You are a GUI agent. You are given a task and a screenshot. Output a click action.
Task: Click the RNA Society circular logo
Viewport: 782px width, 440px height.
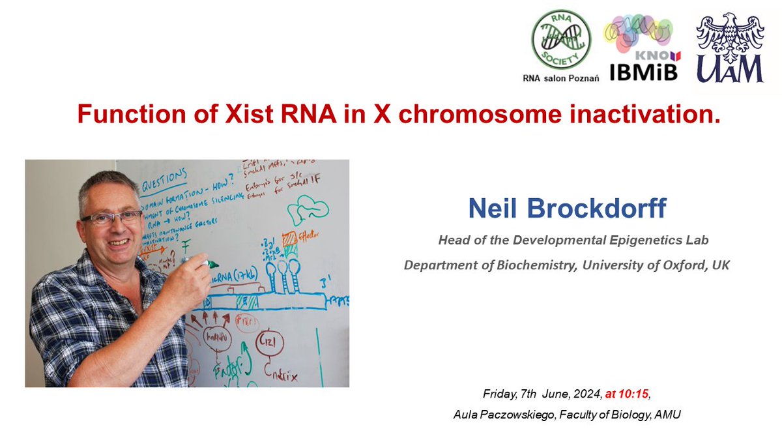[561, 40]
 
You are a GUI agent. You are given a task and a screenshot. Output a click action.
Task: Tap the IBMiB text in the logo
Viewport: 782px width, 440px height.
[643, 71]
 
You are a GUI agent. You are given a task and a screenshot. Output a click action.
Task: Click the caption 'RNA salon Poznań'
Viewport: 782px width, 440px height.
[561, 78]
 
